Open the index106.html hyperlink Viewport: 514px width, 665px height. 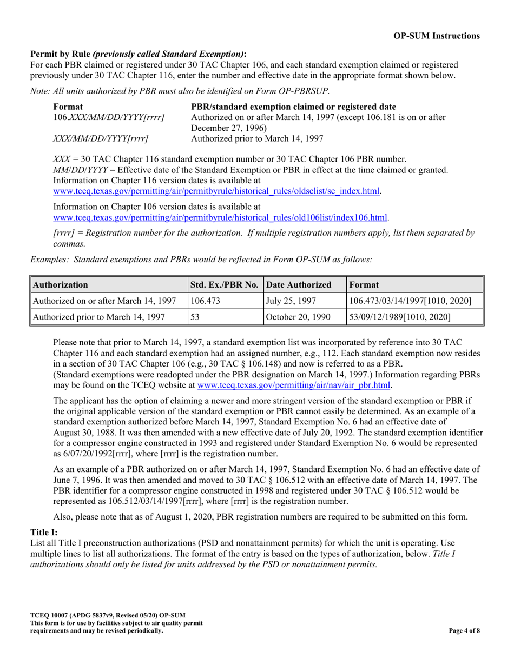click(220, 217)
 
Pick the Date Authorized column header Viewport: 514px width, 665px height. click(299, 284)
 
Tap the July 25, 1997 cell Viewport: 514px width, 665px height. click(287, 301)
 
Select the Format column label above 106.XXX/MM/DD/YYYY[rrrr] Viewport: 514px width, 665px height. click(68, 107)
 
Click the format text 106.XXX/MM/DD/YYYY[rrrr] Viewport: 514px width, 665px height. click(109, 117)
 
